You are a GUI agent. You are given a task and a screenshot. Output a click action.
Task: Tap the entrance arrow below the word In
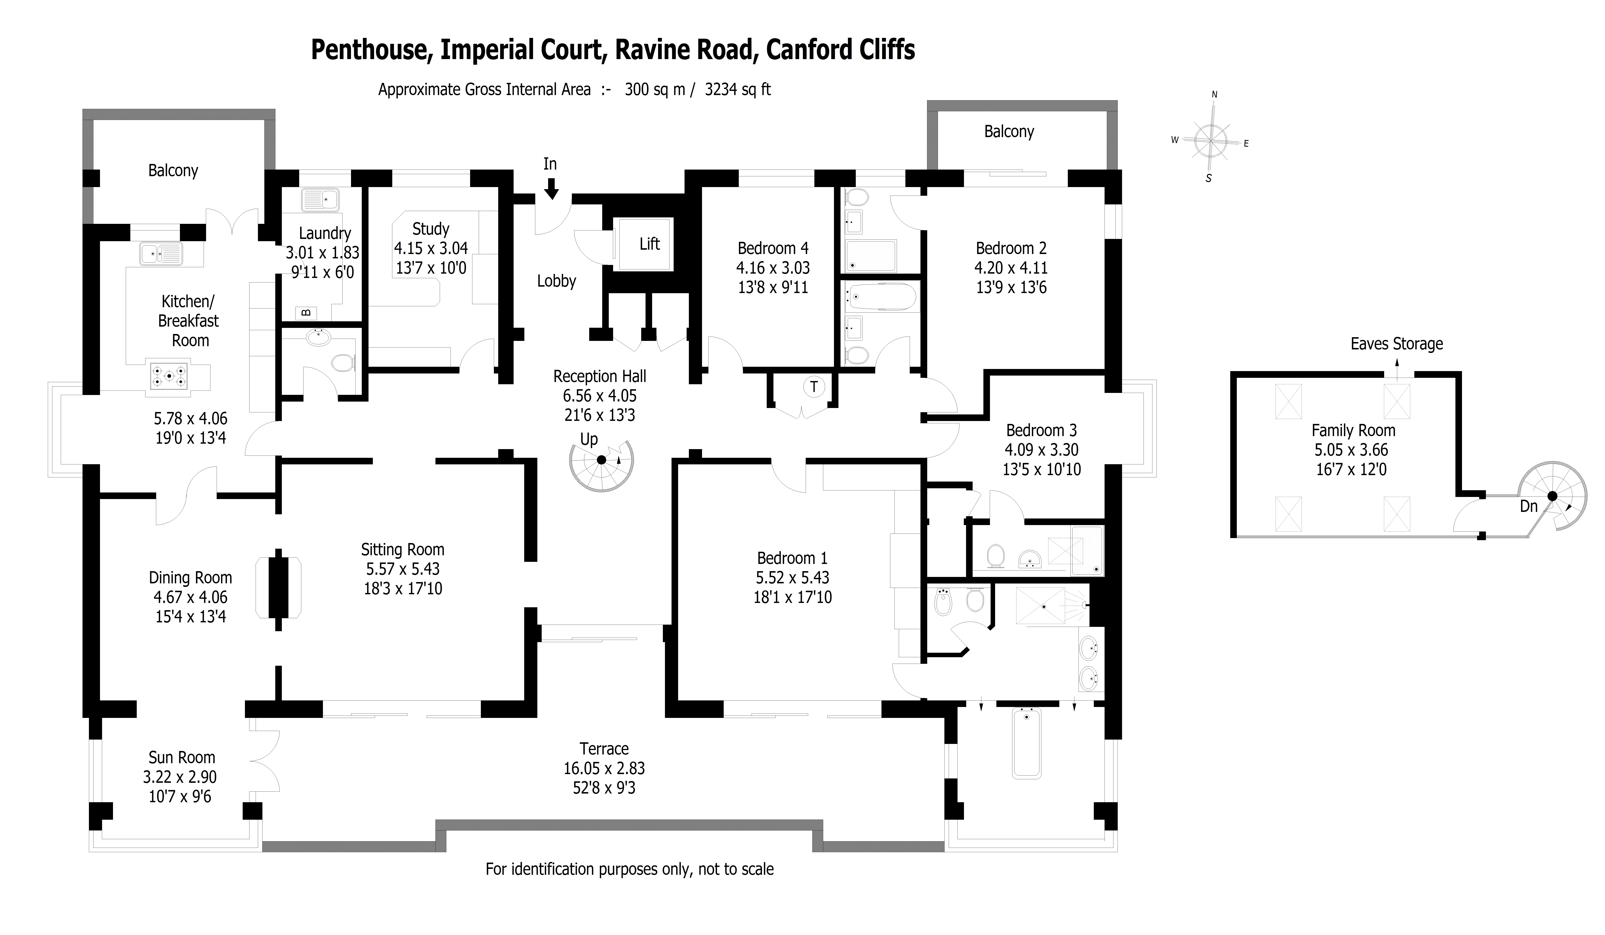click(x=551, y=188)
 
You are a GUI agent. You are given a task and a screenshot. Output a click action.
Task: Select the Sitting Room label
click(x=403, y=549)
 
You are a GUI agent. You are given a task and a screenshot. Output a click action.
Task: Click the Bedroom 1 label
click(x=792, y=558)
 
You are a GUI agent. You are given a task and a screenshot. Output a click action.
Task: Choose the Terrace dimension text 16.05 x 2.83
click(x=604, y=768)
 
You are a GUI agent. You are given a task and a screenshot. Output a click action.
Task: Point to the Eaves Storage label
click(x=1397, y=344)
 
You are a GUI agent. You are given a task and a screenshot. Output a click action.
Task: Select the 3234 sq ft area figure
click(x=737, y=89)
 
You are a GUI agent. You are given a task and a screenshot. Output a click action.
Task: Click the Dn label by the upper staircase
click(x=1529, y=506)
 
